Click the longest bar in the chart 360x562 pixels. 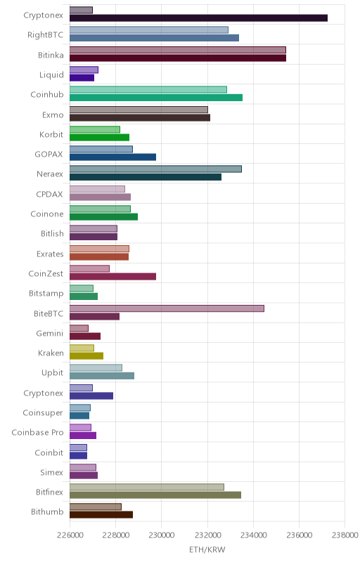pyautogui.click(x=198, y=18)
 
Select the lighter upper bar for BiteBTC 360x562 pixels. pyautogui.click(x=167, y=308)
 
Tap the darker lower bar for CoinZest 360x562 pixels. pyautogui.click(x=112, y=276)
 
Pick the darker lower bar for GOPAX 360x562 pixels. pyautogui.click(x=112, y=157)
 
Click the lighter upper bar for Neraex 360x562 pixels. pyautogui.click(x=155, y=169)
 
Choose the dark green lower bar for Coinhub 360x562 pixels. pyautogui.click(x=156, y=98)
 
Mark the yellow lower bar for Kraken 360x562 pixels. pyautogui.click(x=86, y=356)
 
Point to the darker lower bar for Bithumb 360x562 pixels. pyautogui.click(x=101, y=515)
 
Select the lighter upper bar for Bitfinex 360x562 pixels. pyautogui.click(x=147, y=487)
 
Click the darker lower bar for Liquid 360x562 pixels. pyautogui.click(x=82, y=78)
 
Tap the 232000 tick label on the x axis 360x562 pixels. pyautogui.click(x=207, y=535)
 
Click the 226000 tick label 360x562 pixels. pyautogui.click(x=70, y=535)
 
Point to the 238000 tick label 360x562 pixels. pyautogui.click(x=345, y=535)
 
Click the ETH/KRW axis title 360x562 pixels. pyautogui.click(x=207, y=549)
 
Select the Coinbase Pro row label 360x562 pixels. pyautogui.click(x=37, y=432)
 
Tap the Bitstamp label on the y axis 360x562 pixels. pyautogui.click(x=46, y=293)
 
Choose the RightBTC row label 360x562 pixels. pyautogui.click(x=46, y=34)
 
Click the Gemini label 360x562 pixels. pyautogui.click(x=50, y=333)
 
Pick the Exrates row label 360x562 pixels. pyautogui.click(x=50, y=254)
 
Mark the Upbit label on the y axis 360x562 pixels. pyautogui.click(x=52, y=373)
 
